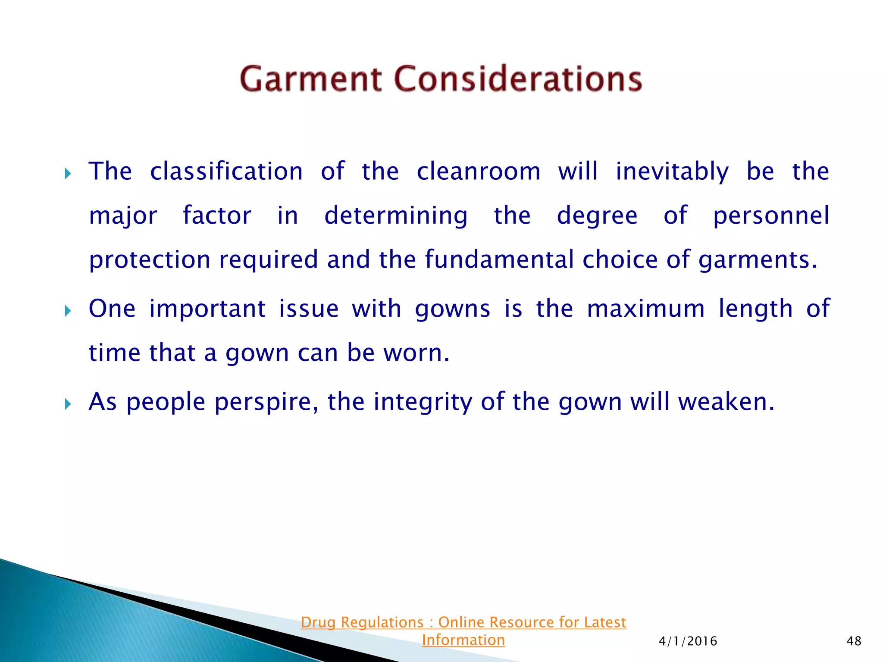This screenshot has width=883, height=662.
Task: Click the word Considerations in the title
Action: [x=518, y=79]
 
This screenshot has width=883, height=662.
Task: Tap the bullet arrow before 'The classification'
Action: [x=68, y=174]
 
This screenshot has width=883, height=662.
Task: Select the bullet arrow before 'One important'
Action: [x=68, y=311]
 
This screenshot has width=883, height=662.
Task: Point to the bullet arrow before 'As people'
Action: [x=68, y=404]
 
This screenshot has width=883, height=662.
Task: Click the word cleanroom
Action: [x=478, y=172]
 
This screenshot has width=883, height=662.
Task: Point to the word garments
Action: [x=757, y=260]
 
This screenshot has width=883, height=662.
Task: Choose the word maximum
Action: [x=645, y=309]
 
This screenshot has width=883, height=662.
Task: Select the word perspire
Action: [x=266, y=402]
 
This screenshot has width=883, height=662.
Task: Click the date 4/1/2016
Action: [x=688, y=641]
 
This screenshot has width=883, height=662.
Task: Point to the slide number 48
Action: [x=854, y=641]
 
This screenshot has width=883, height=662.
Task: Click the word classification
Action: [x=226, y=172]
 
